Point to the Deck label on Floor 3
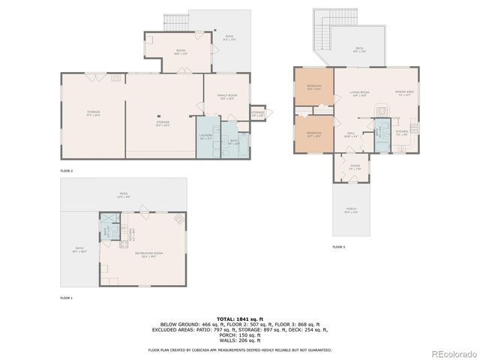(360, 51)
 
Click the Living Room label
(360, 94)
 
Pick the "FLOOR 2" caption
(67, 171)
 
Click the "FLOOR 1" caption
(67, 298)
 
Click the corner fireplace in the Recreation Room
(178, 220)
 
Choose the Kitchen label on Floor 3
(401, 133)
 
